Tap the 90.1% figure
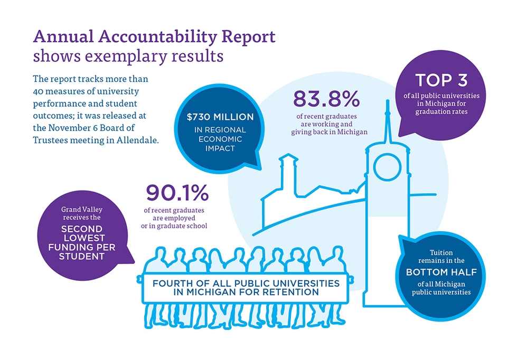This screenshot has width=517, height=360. [177, 194]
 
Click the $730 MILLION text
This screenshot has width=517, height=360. [220, 117]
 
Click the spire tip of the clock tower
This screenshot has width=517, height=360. [388, 100]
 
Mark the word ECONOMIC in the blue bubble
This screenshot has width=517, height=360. [220, 139]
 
